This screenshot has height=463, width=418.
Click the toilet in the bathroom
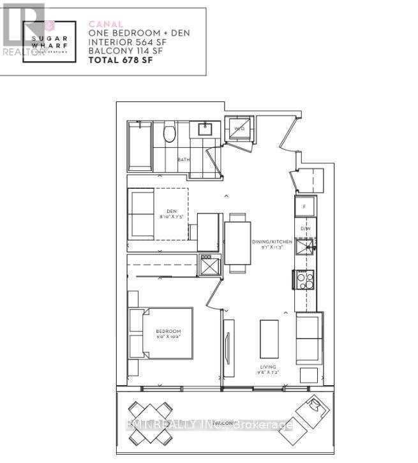[169, 133]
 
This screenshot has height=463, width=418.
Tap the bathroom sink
[205, 129]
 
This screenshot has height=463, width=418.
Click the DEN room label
[171, 212]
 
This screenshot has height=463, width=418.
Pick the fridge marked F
[304, 207]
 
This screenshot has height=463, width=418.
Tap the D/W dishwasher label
[304, 228]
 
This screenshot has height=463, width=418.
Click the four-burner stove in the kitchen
[303, 280]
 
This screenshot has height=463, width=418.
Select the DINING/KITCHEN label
[272, 242]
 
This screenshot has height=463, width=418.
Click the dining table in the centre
[237, 242]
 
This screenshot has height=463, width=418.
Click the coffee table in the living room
[269, 338]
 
